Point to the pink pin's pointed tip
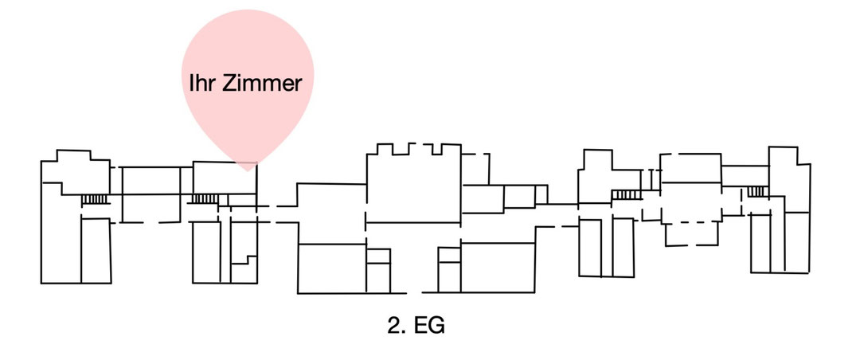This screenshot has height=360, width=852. point(248,170)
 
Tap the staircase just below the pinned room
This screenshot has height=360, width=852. point(203,198)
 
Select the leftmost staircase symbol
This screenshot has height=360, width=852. point(94,198)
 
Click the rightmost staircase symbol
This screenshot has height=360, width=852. point(756,191)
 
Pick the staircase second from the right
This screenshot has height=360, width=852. point(627,194)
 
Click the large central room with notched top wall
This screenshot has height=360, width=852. point(412,187)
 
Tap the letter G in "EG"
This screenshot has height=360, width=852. point(437,327)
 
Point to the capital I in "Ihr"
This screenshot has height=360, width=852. point(192,83)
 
